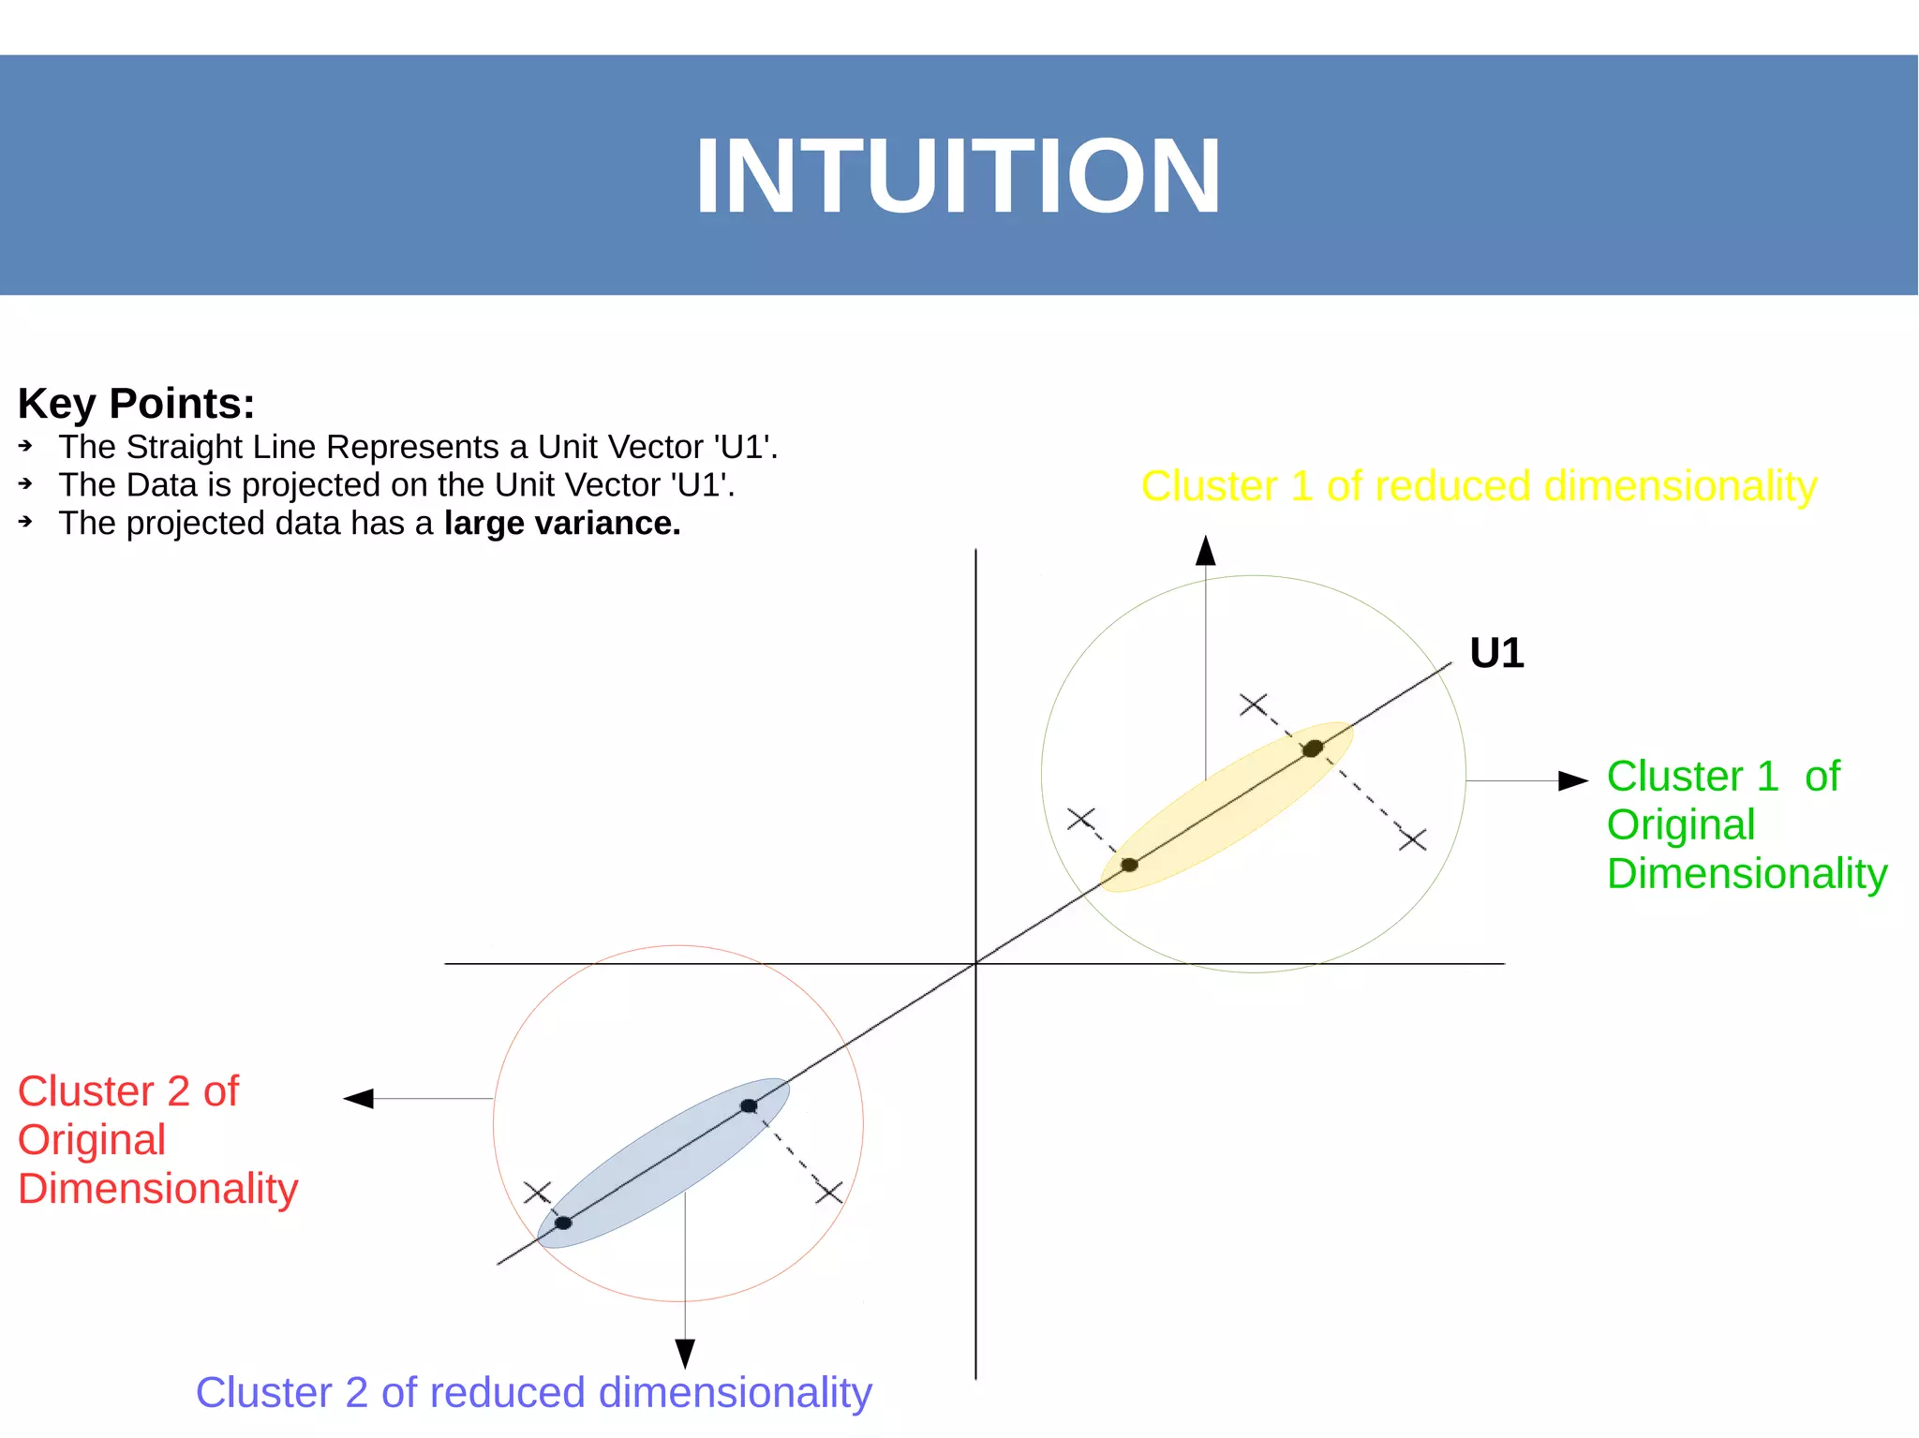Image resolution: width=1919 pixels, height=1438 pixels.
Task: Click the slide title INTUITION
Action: [x=958, y=177]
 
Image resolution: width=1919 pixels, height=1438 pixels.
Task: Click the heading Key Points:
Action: [x=136, y=404]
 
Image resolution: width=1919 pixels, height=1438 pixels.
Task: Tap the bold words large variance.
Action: [x=562, y=524]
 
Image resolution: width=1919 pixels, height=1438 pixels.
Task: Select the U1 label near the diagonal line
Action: [x=1496, y=653]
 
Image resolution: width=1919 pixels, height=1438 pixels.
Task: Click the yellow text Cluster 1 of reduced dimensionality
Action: [x=1479, y=486]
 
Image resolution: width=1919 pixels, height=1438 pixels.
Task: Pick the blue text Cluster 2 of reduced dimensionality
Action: [x=533, y=1392]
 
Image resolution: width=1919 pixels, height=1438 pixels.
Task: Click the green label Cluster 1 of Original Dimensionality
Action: [x=1746, y=824]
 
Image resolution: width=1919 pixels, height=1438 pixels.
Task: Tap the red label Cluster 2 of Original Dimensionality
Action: [x=157, y=1140]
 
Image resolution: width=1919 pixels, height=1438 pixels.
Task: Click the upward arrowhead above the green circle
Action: [x=1206, y=551]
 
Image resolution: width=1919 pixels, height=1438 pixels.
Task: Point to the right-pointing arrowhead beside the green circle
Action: [x=1573, y=780]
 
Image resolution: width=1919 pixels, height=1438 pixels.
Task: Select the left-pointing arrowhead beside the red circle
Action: [x=359, y=1098]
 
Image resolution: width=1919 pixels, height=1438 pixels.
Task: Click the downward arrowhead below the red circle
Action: [x=685, y=1353]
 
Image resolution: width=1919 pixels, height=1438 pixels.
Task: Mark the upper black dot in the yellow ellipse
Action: [x=1313, y=748]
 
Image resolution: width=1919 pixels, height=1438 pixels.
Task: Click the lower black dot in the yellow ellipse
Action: [x=1129, y=865]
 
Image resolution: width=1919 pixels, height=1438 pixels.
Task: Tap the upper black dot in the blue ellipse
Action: [x=749, y=1106]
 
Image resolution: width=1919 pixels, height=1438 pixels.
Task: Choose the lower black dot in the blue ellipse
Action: [x=563, y=1223]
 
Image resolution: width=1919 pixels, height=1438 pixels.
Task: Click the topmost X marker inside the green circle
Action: [x=1253, y=704]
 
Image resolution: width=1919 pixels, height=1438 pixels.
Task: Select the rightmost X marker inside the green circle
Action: [x=1413, y=839]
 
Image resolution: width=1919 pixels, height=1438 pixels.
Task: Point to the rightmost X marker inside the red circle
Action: [x=829, y=1193]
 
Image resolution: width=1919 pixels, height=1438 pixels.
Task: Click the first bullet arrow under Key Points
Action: [x=26, y=447]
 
